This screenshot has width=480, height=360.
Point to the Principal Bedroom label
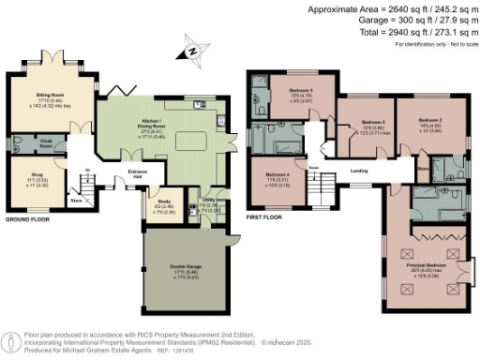pyautogui.click(x=427, y=265)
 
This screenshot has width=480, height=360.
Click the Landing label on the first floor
pyautogui.click(x=358, y=171)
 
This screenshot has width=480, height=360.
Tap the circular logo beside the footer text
pyautogui.click(x=11, y=338)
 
